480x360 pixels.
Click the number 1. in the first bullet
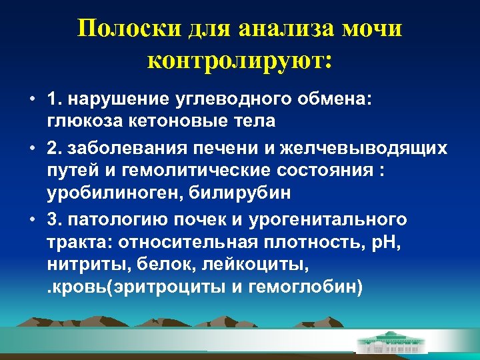click(x=54, y=99)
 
